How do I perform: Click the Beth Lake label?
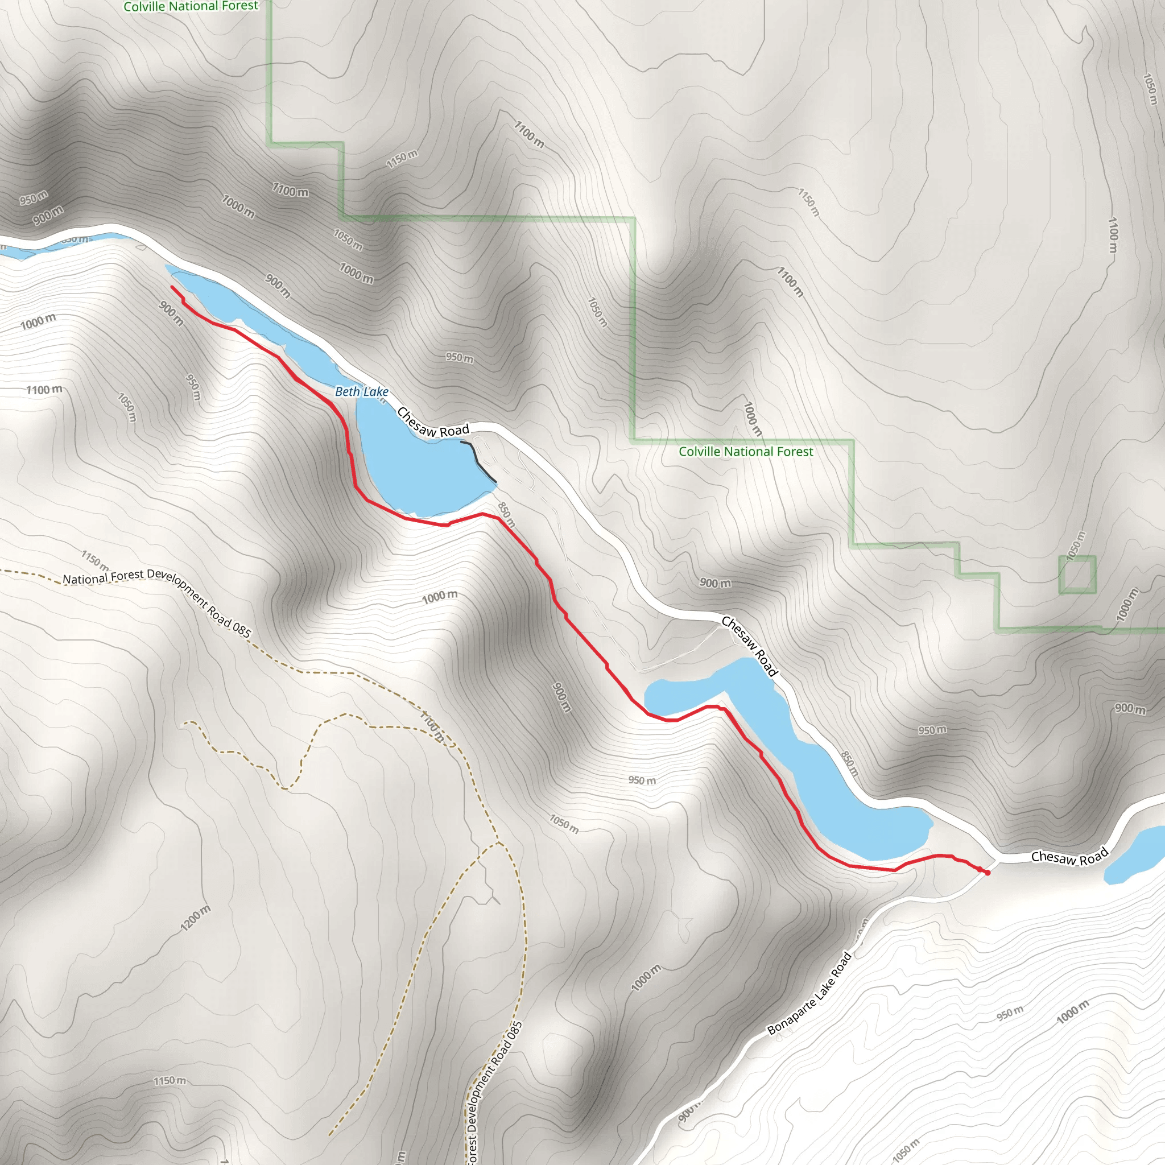click(361, 391)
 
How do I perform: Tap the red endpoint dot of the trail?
click(987, 873)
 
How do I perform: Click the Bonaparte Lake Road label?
click(809, 993)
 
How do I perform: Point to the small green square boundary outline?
click(1077, 574)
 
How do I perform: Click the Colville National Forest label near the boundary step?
click(745, 452)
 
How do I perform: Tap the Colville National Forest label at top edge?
click(191, 6)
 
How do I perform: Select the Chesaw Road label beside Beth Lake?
click(432, 423)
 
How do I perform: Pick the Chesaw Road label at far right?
click(1069, 857)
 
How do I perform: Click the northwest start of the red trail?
click(172, 287)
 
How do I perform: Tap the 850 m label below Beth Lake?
click(506, 514)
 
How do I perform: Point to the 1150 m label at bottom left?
click(170, 1081)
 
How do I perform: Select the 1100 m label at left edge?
click(44, 390)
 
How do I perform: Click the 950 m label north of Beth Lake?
click(460, 358)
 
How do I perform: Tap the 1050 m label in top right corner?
click(1150, 89)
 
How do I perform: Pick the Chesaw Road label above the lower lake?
click(749, 646)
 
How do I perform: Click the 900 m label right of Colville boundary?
click(715, 583)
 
